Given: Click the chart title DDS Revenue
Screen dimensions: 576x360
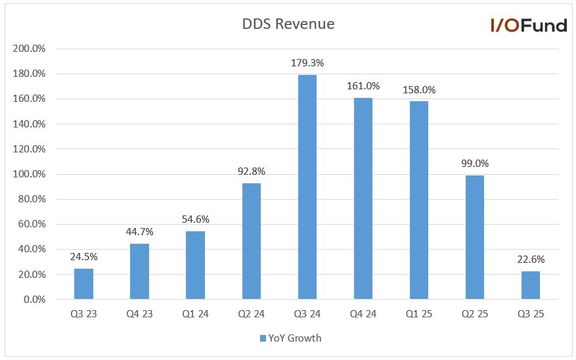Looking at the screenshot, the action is [x=288, y=24].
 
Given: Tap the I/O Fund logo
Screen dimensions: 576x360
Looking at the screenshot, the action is [x=529, y=26].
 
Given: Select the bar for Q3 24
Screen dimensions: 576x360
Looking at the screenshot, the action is [x=307, y=187].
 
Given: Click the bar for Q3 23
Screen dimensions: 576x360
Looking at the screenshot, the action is [x=84, y=284].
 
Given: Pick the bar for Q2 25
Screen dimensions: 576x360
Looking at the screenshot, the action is [x=475, y=237].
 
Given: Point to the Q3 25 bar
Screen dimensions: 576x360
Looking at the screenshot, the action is [x=531, y=285].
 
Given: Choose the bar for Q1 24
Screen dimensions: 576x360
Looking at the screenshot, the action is [x=196, y=265].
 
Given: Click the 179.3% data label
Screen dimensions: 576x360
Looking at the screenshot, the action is [x=307, y=63].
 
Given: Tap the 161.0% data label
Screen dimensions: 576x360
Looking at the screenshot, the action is [x=363, y=86].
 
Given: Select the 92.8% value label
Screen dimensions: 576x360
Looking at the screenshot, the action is [x=252, y=171].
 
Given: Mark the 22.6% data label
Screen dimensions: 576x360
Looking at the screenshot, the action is [x=531, y=259].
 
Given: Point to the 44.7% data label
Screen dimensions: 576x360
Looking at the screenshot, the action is [x=140, y=232].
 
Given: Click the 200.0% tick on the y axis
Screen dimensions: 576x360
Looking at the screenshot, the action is [x=29, y=49].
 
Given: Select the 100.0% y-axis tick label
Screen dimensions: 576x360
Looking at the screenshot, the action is [x=29, y=174].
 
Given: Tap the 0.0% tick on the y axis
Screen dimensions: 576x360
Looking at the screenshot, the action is [x=35, y=300].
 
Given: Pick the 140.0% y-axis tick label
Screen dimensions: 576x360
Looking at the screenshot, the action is [x=29, y=124].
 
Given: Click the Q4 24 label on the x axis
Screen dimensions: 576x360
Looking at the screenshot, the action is [x=363, y=314].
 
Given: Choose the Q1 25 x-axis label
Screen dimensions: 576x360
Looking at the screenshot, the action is [x=419, y=314].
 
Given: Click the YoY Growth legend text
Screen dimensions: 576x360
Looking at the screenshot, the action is [x=295, y=338].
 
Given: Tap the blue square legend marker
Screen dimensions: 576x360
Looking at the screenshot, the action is [x=263, y=338].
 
